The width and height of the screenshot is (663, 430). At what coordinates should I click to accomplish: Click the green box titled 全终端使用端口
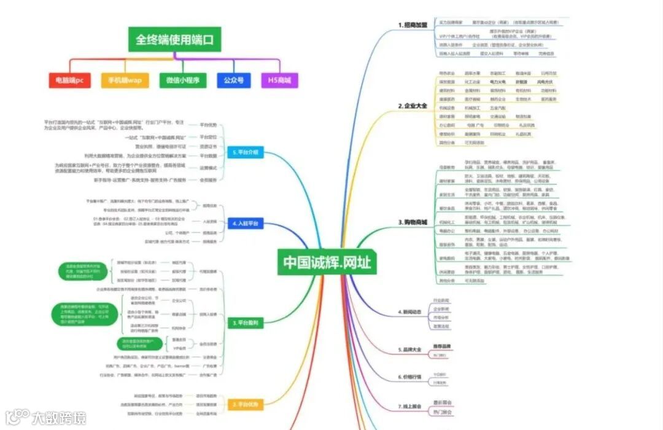tap(174, 41)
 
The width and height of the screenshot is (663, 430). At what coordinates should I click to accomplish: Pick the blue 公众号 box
tap(233, 80)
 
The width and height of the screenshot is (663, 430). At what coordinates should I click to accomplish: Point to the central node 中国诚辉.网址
tap(327, 262)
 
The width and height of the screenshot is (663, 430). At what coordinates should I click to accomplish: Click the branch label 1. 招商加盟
tap(413, 25)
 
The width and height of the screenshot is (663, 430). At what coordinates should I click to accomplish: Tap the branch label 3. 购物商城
tap(413, 222)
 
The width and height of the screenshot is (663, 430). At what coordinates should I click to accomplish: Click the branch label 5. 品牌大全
tap(410, 350)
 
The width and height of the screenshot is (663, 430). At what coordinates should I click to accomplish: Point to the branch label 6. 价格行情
tap(410, 377)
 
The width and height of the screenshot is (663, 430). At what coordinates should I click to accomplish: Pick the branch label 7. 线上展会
tap(410, 407)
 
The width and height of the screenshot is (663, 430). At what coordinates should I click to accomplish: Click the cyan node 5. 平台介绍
tap(246, 152)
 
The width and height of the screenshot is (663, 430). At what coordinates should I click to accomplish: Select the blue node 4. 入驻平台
tap(246, 224)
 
